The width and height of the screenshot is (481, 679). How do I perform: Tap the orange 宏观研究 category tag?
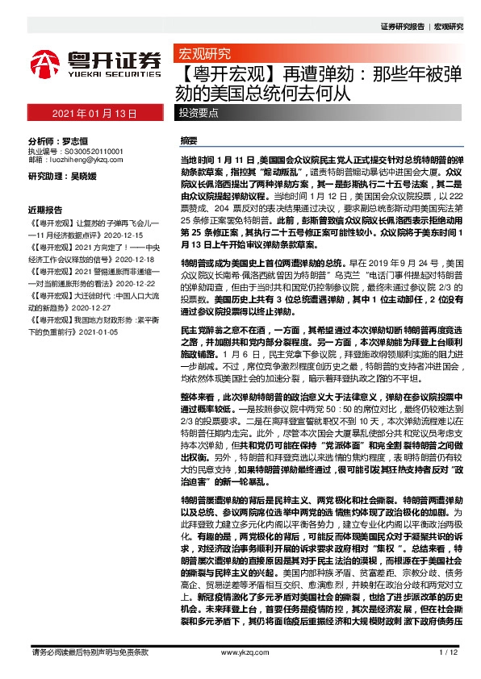point(203,55)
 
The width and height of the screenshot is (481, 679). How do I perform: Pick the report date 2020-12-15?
point(122,231)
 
